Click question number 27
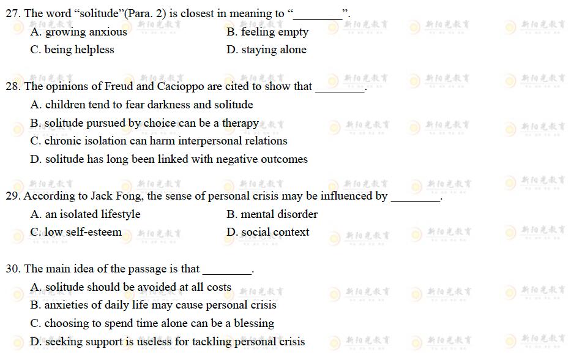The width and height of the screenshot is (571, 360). coord(13,13)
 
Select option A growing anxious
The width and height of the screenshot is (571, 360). coord(78,32)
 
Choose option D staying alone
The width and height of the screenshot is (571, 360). coord(266,50)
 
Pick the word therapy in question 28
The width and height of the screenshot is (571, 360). coord(241,123)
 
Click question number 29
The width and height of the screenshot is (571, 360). coord(13,196)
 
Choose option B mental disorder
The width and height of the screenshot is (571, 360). coord(272,214)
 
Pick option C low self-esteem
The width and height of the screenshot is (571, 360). coord(76,232)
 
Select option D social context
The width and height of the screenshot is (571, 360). coord(267,232)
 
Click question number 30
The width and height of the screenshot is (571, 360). coord(13,269)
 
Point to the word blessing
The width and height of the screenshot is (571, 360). coord(252,323)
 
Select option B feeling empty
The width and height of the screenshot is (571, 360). coord(267,32)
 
